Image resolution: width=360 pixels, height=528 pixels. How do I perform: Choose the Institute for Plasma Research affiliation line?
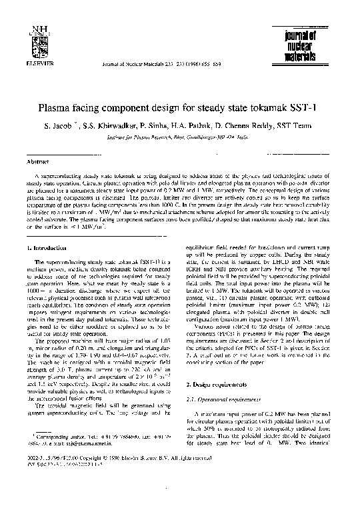point(179,137)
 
